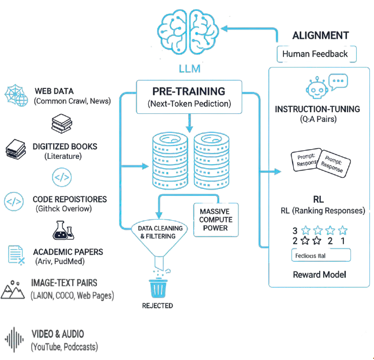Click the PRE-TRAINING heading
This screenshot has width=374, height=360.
point(188,91)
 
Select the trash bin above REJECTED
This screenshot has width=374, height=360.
point(157,287)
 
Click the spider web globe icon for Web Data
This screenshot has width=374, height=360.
point(16,95)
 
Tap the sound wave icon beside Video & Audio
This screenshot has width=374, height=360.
point(16,340)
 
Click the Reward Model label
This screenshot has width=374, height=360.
point(319,273)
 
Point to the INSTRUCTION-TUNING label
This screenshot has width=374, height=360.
point(317,109)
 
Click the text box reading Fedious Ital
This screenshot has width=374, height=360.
point(321,255)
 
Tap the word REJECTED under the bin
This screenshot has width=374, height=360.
point(157,305)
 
